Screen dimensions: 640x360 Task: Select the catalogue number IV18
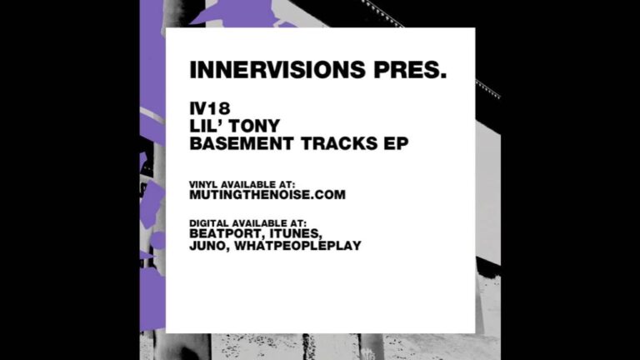pos(210,108)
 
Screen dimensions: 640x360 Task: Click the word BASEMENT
pos(242,143)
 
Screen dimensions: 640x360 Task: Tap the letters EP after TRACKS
pos(396,143)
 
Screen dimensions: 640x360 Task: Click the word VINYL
pos(203,185)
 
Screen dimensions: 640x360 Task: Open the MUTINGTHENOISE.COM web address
pos(267,195)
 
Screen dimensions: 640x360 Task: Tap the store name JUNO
pos(207,246)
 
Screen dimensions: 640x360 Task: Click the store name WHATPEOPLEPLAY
pos(298,246)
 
